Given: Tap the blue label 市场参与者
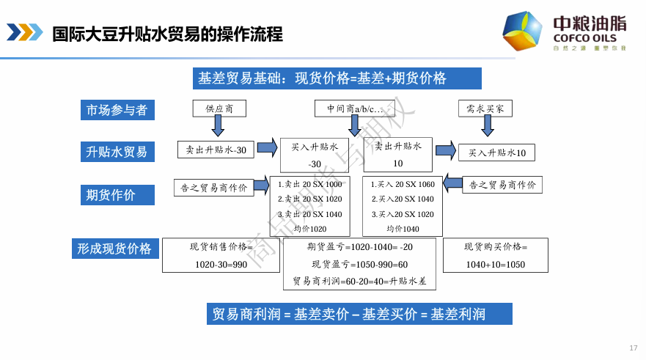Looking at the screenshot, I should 117,110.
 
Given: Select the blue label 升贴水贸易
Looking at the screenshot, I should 117,152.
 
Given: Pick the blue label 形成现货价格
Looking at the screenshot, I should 114,249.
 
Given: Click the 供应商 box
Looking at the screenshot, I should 219,109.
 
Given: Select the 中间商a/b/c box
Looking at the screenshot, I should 355,109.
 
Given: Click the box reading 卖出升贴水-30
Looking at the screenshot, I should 216,150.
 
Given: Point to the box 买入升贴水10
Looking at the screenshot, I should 496,153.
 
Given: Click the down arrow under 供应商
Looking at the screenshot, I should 218,126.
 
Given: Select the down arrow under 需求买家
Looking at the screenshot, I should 485,126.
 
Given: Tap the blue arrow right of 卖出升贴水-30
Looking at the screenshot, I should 267,148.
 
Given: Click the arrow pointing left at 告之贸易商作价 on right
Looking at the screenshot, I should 452,183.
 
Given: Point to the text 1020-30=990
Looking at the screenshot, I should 221,264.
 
